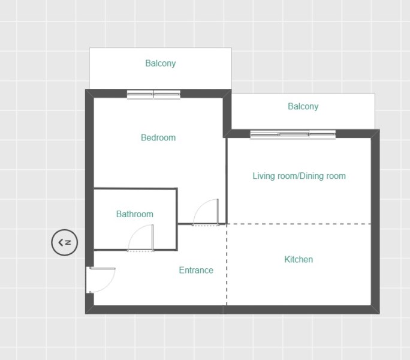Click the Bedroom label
point(158,138)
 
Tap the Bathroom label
point(135,214)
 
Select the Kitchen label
point(299,259)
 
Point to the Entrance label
point(196,270)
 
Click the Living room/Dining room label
point(299,176)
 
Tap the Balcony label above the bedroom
point(161,64)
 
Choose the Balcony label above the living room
point(303,107)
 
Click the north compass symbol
point(65,242)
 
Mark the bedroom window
point(153,95)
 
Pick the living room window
point(293,134)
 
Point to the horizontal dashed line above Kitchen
point(299,224)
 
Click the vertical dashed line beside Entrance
point(227,265)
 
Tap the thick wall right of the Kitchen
point(375,221)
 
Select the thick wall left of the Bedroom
point(89,178)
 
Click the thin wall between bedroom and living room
point(227,181)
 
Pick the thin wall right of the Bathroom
point(177,220)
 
